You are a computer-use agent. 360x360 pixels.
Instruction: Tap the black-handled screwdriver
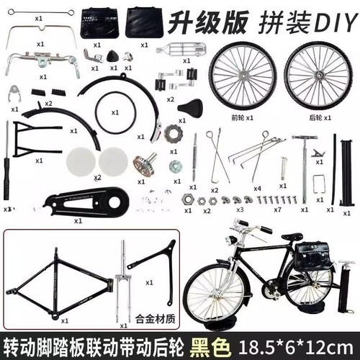coord(8,162)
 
